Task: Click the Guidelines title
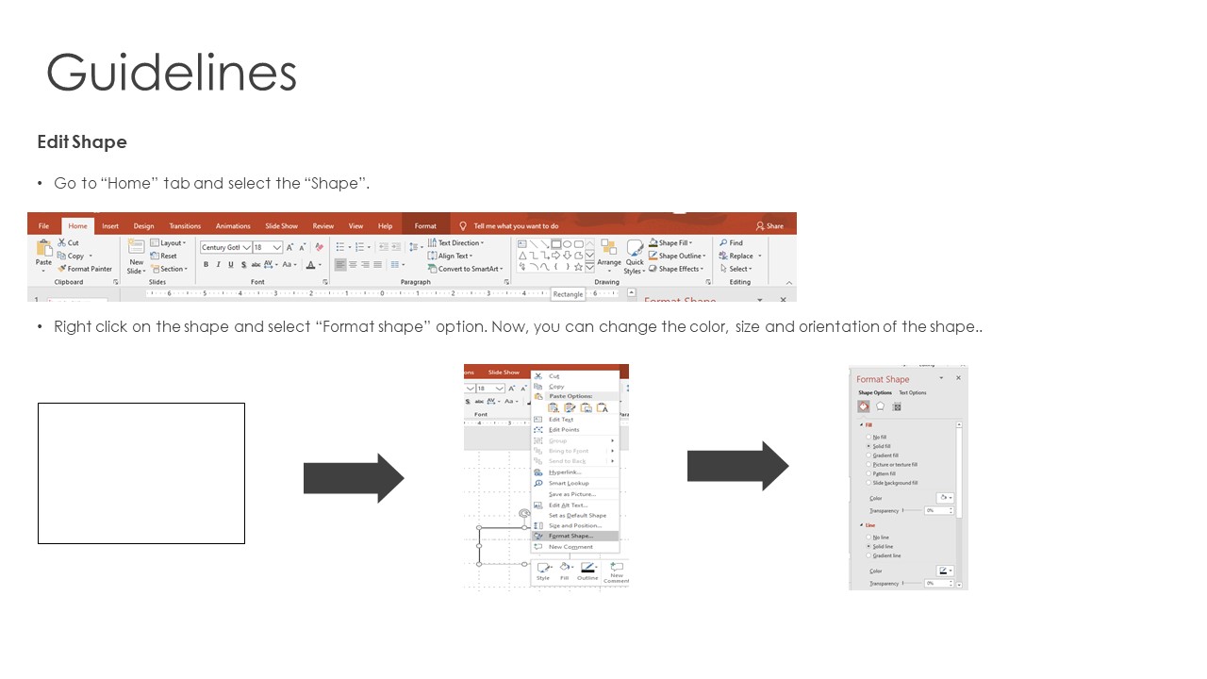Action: click(172, 74)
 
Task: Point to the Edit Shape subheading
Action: click(82, 142)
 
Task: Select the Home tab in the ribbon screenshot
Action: click(77, 226)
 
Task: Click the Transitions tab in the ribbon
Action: click(185, 226)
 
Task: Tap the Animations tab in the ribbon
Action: click(233, 226)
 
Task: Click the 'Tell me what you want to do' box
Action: click(515, 226)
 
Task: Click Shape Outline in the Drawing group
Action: click(679, 256)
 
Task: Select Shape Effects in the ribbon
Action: click(679, 269)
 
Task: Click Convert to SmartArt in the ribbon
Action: click(468, 269)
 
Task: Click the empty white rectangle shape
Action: click(141, 473)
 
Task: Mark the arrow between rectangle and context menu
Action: click(354, 478)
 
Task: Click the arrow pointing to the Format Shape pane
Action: click(737, 466)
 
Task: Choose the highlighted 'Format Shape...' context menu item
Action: click(570, 536)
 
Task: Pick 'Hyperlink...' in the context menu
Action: click(565, 472)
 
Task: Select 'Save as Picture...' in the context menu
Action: click(571, 494)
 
